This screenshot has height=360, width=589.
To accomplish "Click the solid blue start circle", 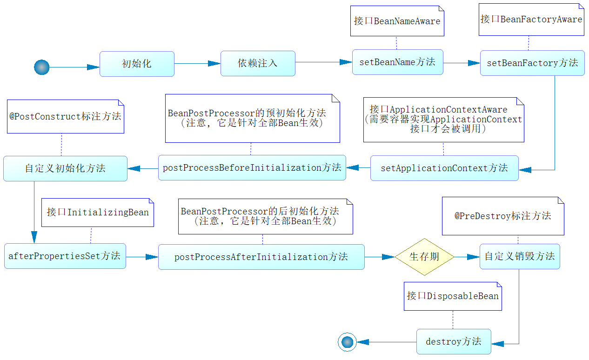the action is pos(41,67).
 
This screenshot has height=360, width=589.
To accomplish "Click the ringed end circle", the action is pos(347,342).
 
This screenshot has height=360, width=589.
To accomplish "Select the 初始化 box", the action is pos(137,64).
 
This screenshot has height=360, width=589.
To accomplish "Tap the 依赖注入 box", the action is pos(258,63).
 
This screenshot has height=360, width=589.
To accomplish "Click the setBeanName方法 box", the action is pos(398,62).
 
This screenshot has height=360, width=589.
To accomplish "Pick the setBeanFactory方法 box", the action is pos(532,63).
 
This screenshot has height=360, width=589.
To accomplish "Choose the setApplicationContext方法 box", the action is pos(444,168).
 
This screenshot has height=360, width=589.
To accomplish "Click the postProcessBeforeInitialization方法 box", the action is pos(252,167).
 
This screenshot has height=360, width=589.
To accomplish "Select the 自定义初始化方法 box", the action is pos(65,168).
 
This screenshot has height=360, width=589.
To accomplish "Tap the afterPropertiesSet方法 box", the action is pos(65,256).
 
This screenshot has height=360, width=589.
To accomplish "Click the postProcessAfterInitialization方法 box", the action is pos(261,257).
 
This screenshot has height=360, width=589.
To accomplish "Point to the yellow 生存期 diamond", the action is pos(424,257).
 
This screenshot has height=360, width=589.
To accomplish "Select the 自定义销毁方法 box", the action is pos(520,256).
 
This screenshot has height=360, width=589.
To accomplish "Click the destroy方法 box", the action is pos(454,341).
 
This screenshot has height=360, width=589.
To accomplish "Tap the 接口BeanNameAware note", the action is pos(397,21).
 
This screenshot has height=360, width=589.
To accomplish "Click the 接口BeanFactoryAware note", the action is pos(531,20).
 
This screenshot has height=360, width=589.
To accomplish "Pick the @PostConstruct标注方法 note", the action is pos(66,116).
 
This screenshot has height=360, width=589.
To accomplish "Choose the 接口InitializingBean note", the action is pos(98,213).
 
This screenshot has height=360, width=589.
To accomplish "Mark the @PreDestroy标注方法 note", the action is pos(503,216).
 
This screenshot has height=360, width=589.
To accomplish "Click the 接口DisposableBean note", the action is pos(453,296).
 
